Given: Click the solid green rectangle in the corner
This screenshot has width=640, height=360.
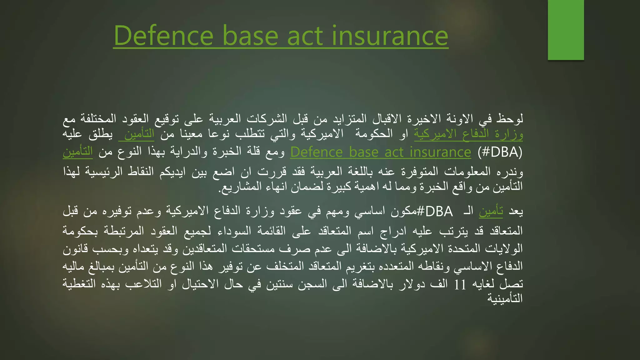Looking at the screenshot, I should pyautogui.click(x=566, y=30).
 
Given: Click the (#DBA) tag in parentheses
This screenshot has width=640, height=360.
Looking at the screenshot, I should pyautogui.click(x=500, y=152).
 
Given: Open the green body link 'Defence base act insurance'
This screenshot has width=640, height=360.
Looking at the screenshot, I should pyautogui.click(x=380, y=152).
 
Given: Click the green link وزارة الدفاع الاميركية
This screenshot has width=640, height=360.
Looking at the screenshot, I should pyautogui.click(x=468, y=134).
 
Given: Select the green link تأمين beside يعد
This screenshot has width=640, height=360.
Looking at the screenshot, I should pyautogui.click(x=491, y=212).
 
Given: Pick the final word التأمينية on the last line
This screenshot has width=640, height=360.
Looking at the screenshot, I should pyautogui.click(x=505, y=298).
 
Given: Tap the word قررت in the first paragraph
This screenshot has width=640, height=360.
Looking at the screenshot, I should pyautogui.click(x=272, y=172).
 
